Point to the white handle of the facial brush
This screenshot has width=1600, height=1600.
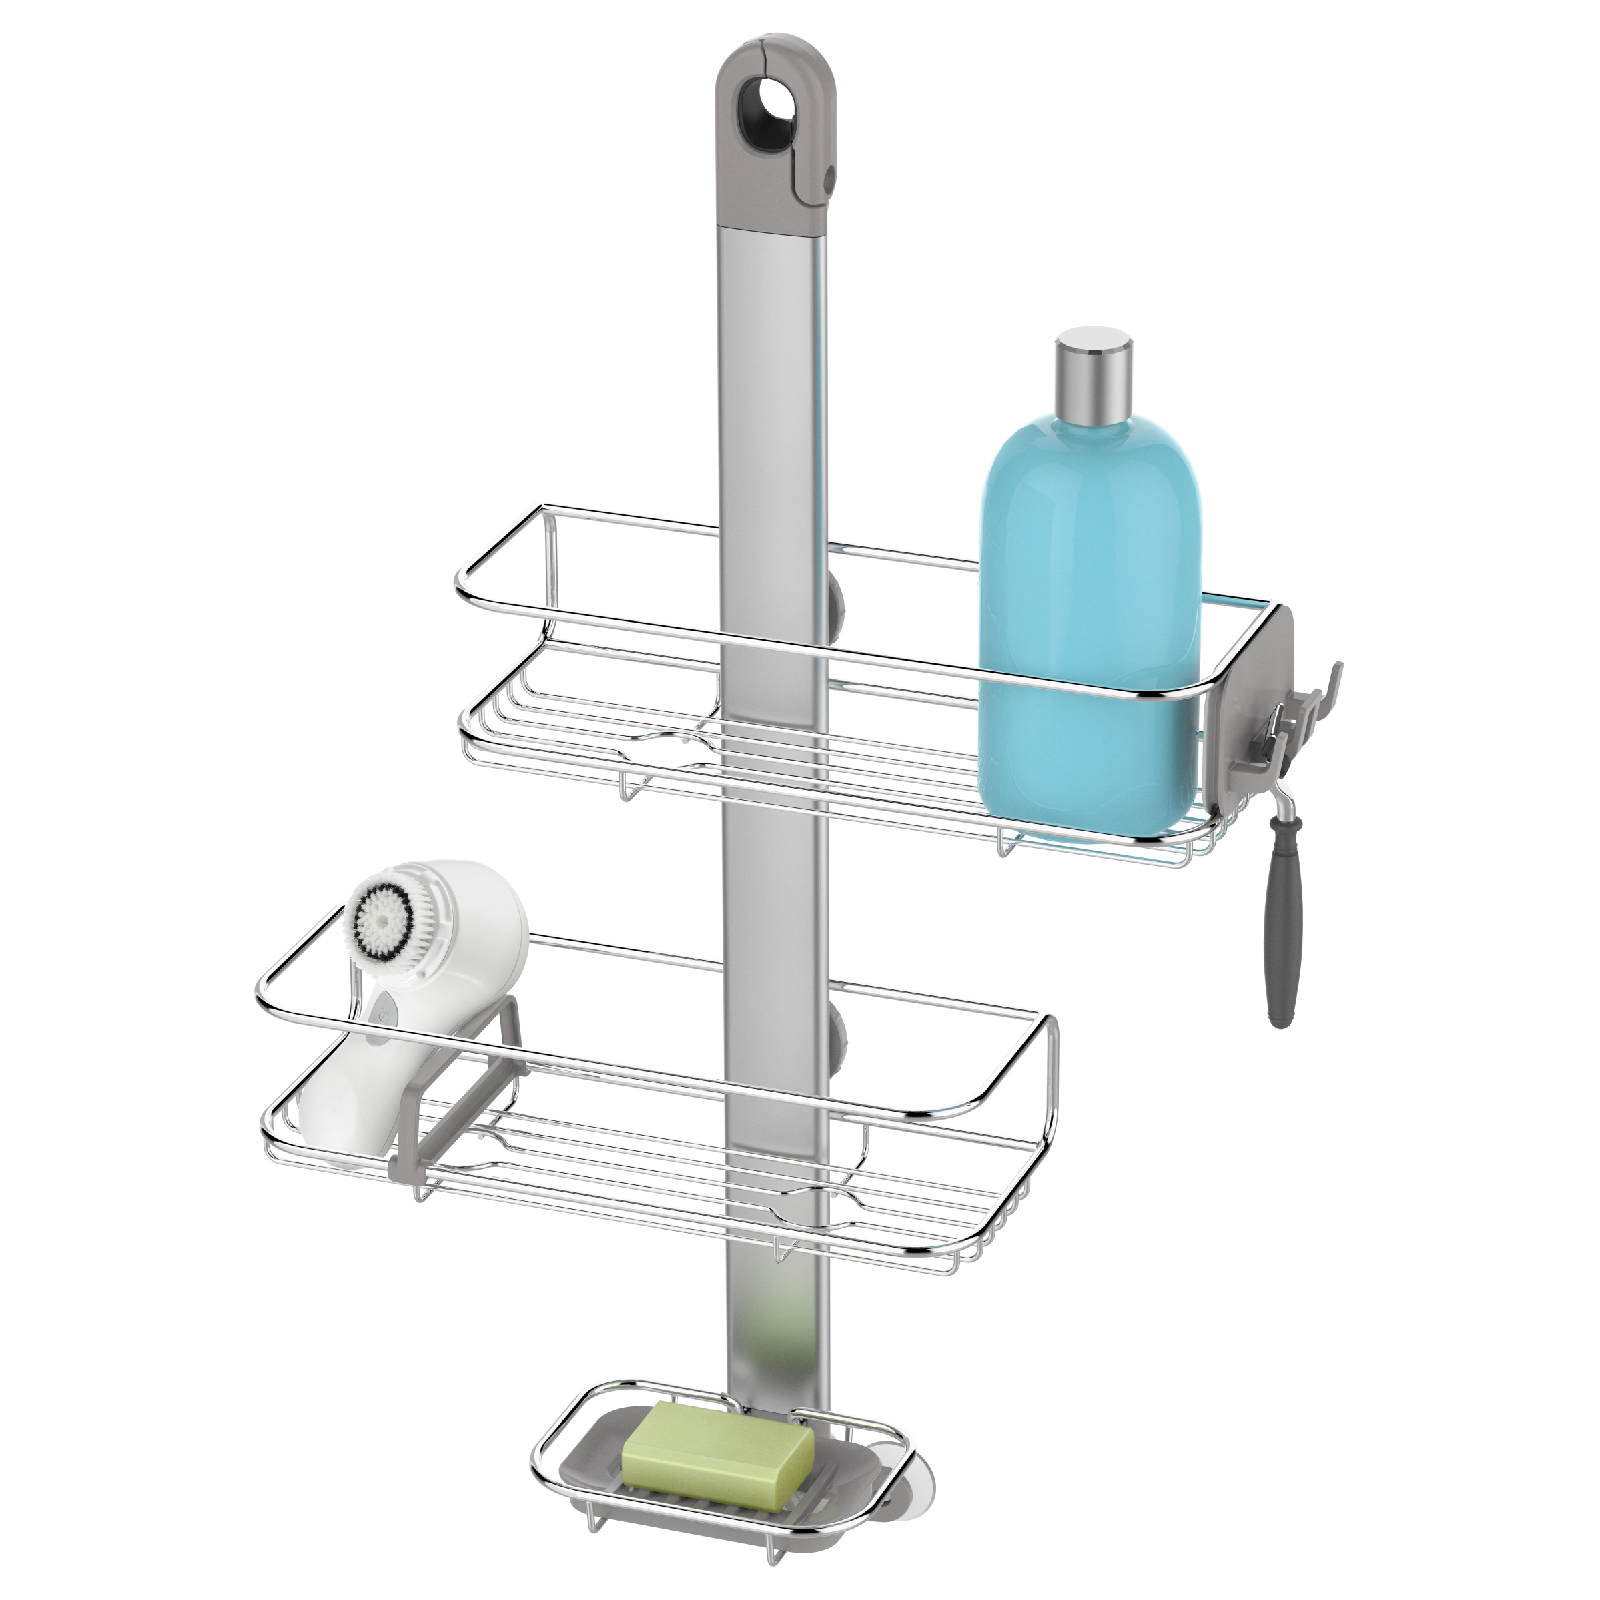click(x=345, y=1100)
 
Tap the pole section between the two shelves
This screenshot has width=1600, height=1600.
click(x=776, y=900)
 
